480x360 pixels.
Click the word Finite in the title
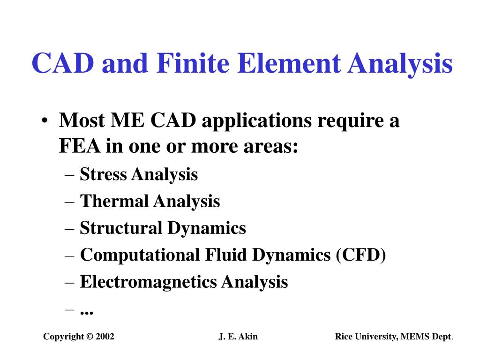point(193,63)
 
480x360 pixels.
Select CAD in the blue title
point(63,63)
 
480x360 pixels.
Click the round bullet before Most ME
point(45,120)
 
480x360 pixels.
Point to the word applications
point(256,121)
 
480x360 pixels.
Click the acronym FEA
point(79,146)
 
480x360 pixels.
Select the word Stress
point(103,174)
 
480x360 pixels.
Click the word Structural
point(121,228)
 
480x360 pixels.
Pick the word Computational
point(140,255)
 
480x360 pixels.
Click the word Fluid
point(226,255)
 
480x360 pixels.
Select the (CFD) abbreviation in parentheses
point(361,255)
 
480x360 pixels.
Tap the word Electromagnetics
point(149,282)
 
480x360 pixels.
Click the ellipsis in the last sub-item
point(87,313)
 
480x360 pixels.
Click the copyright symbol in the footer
point(90,337)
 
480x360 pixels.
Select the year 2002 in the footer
point(105,337)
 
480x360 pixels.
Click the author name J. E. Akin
point(238,337)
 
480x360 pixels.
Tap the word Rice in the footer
point(344,337)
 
